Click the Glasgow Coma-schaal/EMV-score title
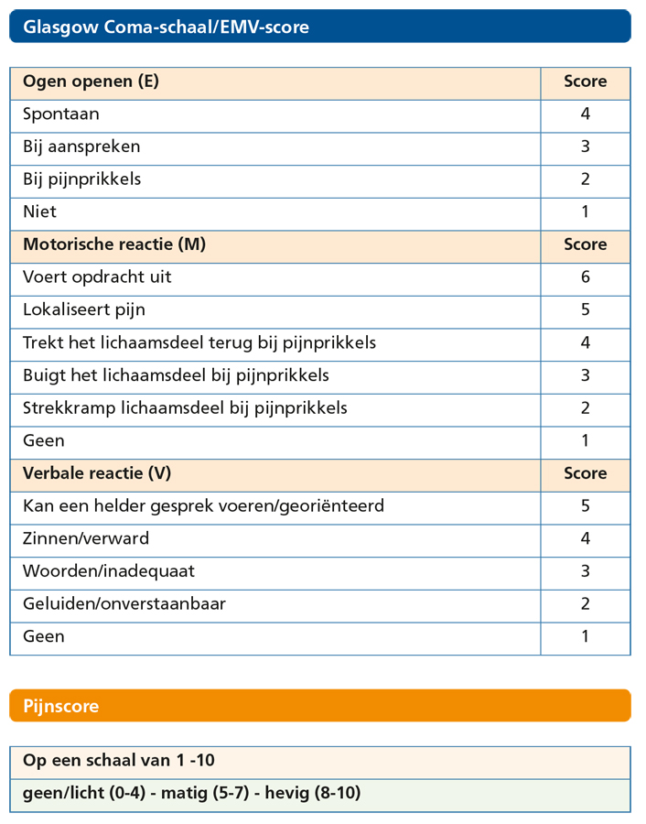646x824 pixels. coord(166,27)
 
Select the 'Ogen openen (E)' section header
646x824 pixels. coord(91,81)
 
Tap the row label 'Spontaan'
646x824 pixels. coord(61,114)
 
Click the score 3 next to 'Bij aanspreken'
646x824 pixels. coord(586,146)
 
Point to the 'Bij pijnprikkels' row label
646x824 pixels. coord(81,179)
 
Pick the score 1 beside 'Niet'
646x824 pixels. coord(586,211)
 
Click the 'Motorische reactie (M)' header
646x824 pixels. coord(114,244)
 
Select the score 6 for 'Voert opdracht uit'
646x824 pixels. coord(586,277)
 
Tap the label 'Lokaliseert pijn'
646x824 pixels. coord(84,309)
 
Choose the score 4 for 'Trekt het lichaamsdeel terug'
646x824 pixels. coord(586,342)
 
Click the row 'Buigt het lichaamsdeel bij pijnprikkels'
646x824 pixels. coord(176,375)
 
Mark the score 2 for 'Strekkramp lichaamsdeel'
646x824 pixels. coord(586,407)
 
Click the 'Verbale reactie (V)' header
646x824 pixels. coord(97,473)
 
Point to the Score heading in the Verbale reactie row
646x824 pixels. coord(586,473)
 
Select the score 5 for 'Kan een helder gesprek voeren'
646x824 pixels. coord(586,506)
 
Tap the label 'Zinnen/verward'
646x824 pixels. coord(86,538)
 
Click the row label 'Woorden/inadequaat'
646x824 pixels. coord(109,571)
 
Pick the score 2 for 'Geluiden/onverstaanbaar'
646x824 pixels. coord(586,603)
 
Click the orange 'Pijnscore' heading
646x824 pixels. coord(61,706)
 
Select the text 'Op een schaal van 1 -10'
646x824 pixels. coord(119,761)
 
